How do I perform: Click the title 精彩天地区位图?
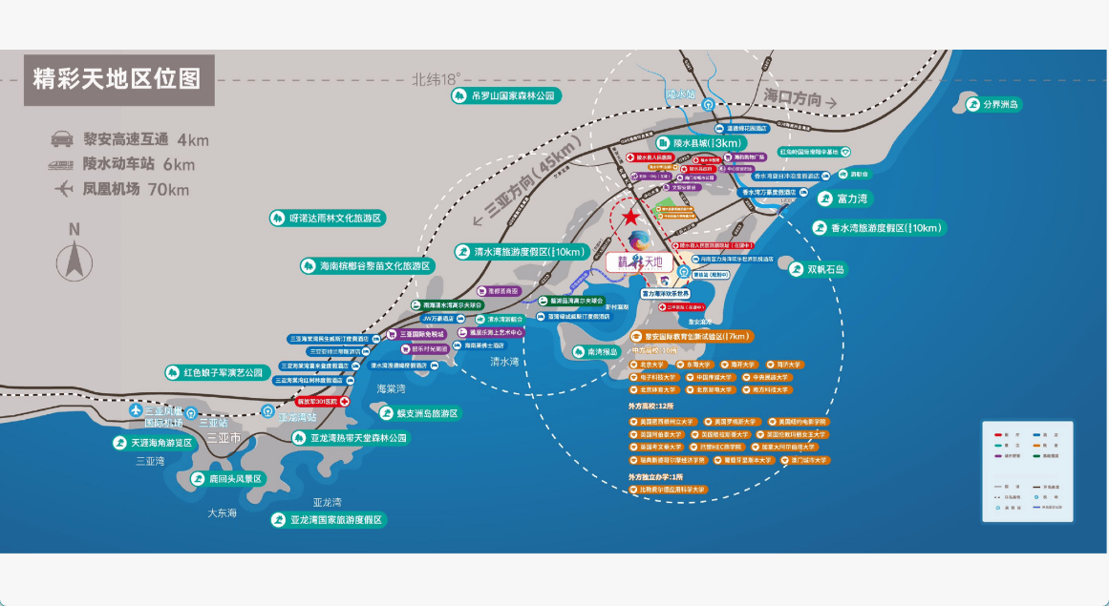pyautogui.click(x=117, y=79)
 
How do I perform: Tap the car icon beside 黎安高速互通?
pyautogui.click(x=62, y=139)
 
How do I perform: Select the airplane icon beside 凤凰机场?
pyautogui.click(x=63, y=189)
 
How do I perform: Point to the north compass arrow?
pyautogui.click(x=74, y=261)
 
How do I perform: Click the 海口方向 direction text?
pyautogui.click(x=793, y=98)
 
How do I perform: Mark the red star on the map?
pyautogui.click(x=631, y=219)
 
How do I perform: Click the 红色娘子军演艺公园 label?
pyautogui.click(x=221, y=372)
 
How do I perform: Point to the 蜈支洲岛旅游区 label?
pyautogui.click(x=421, y=413)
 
